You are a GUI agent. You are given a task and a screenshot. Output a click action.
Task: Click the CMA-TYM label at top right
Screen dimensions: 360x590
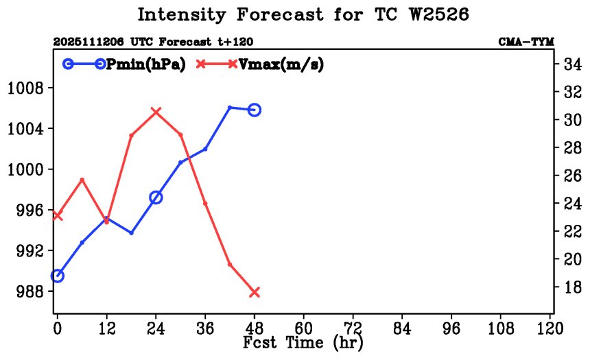click(526, 42)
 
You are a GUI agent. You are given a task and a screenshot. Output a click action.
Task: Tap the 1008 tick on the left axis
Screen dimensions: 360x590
click(25, 88)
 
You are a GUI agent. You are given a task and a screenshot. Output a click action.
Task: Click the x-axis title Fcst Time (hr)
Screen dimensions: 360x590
click(303, 342)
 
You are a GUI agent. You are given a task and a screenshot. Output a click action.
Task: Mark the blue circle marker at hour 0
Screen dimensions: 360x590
click(58, 276)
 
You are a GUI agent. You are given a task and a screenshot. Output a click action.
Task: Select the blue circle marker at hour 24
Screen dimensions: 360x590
click(156, 197)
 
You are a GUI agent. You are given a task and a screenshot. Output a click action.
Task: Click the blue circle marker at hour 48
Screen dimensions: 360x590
click(255, 110)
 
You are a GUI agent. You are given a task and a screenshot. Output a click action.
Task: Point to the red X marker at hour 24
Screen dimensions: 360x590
click(156, 111)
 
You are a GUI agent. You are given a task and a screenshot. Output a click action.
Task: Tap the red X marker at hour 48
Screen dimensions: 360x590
click(255, 292)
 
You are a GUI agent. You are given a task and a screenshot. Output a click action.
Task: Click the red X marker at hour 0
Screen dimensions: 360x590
click(58, 216)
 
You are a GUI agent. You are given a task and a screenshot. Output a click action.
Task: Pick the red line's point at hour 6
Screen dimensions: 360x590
click(82, 180)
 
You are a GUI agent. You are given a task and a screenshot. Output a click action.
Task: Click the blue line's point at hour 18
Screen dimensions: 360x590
click(131, 233)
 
